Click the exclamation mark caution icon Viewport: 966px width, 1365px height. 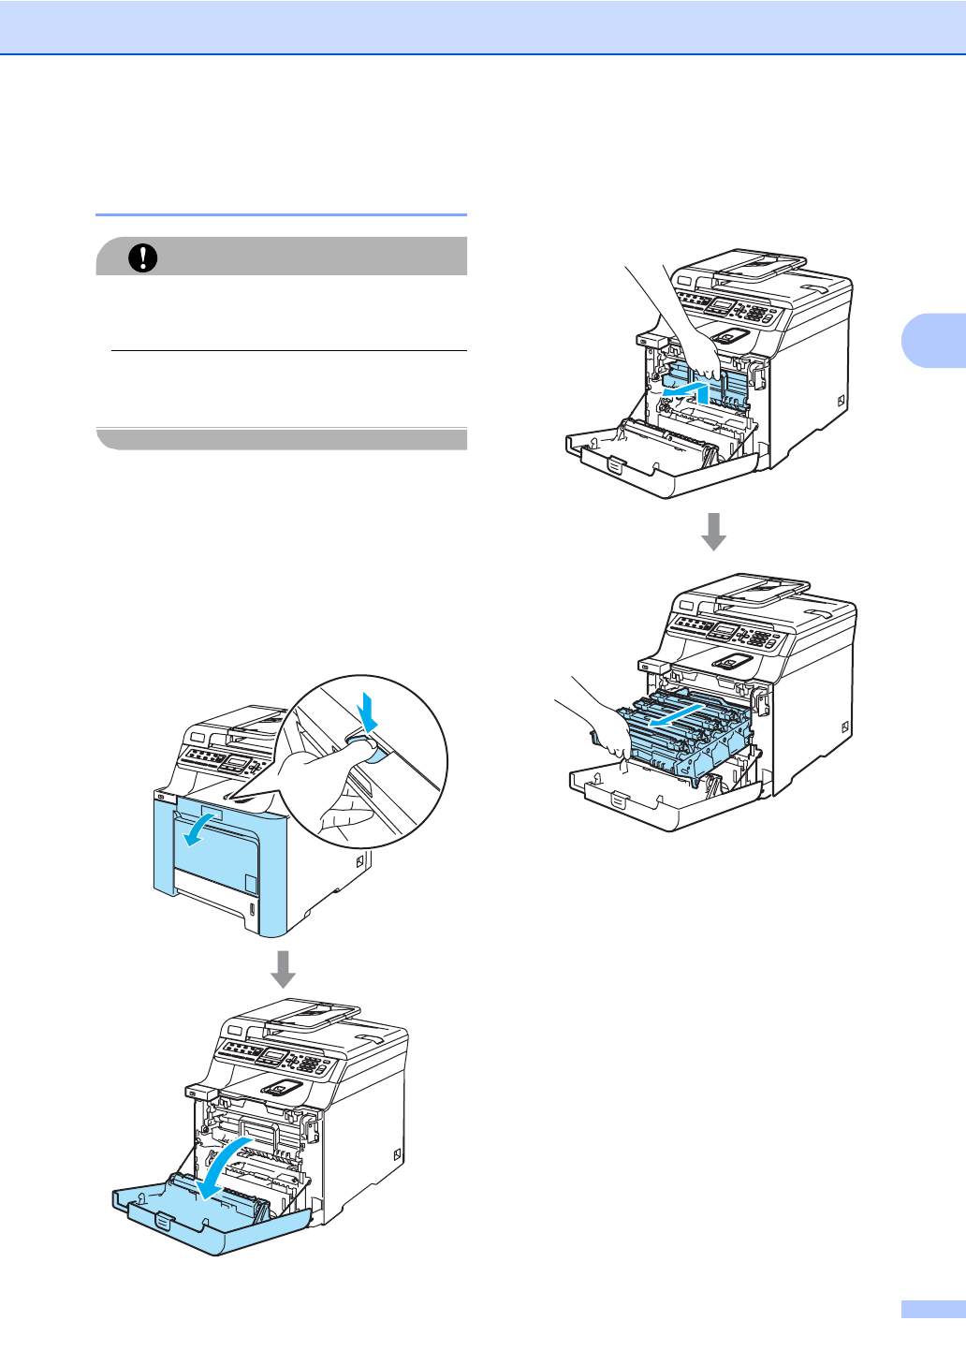tap(143, 257)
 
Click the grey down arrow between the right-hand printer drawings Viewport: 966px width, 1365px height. tap(714, 531)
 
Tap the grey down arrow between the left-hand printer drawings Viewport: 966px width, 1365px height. tap(283, 969)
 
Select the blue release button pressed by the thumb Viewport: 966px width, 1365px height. tap(367, 750)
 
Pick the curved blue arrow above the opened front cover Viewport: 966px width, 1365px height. tap(225, 1166)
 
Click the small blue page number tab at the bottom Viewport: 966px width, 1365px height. tap(932, 1309)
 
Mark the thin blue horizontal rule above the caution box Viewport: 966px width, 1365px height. tap(281, 214)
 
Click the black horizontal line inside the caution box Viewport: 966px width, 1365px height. tap(288, 351)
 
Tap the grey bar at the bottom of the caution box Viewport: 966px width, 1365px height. tap(281, 439)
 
